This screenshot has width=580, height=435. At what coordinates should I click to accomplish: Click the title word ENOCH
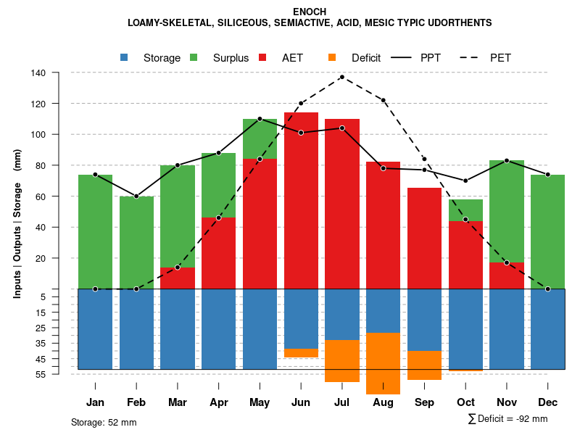pyautogui.click(x=310, y=12)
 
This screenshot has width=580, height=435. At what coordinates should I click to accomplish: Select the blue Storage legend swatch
pyautogui.click(x=125, y=58)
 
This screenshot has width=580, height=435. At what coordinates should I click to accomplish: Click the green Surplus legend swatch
pyautogui.click(x=194, y=58)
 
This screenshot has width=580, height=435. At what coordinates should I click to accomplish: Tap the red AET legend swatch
pyautogui.click(x=263, y=58)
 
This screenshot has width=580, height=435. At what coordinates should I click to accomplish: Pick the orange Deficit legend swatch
pyautogui.click(x=333, y=58)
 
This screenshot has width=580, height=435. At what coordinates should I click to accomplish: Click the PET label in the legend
pyautogui.click(x=500, y=58)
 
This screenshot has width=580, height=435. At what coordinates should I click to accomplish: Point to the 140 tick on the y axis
pyautogui.click(x=38, y=73)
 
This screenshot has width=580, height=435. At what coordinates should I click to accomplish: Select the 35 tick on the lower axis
pyautogui.click(x=40, y=343)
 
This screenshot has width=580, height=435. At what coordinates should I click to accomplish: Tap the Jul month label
pyautogui.click(x=342, y=402)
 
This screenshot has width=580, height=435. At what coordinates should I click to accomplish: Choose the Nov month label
pyautogui.click(x=507, y=402)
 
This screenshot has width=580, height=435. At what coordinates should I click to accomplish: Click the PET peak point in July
pyautogui.click(x=342, y=77)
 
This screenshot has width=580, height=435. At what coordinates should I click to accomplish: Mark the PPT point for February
pyautogui.click(x=136, y=196)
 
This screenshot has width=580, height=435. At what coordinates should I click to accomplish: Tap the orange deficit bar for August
pyautogui.click(x=384, y=363)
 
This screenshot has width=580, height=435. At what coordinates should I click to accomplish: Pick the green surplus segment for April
pyautogui.click(x=218, y=185)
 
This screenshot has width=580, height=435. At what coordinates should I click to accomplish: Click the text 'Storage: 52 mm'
pyautogui.click(x=104, y=422)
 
